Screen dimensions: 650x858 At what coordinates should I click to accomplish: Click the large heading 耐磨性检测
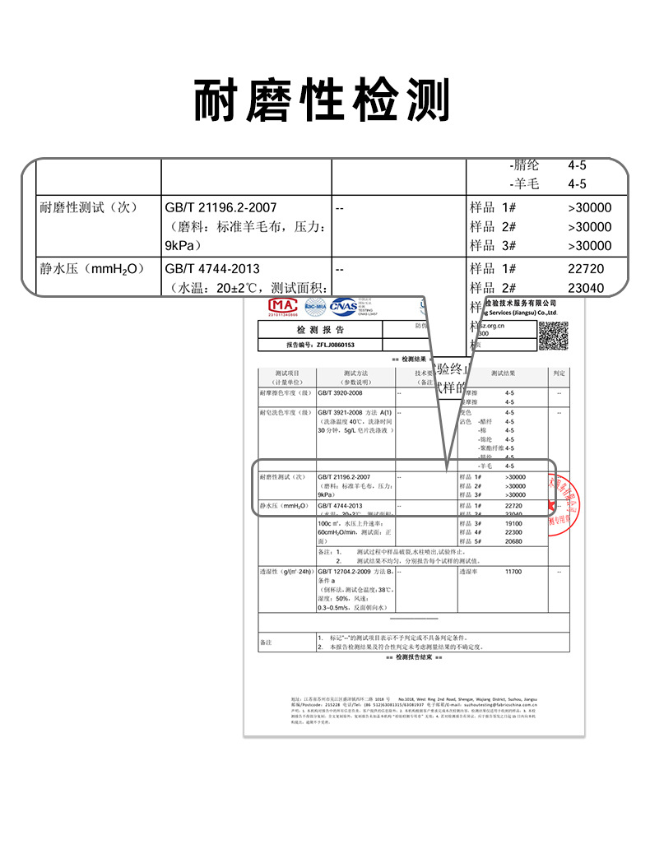point(323,101)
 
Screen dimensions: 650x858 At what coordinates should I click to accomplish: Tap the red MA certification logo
point(281,306)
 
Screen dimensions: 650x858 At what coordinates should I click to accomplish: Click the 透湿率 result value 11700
point(513,571)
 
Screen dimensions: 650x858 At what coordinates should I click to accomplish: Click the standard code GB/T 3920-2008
point(340,394)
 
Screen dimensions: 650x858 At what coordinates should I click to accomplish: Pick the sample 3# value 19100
point(513,523)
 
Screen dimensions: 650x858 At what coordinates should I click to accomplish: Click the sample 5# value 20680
point(513,541)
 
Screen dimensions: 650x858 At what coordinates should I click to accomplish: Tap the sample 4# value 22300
point(513,532)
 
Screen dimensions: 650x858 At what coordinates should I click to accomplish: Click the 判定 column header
point(559,373)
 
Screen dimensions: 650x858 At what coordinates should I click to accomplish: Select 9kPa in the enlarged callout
point(182,246)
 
